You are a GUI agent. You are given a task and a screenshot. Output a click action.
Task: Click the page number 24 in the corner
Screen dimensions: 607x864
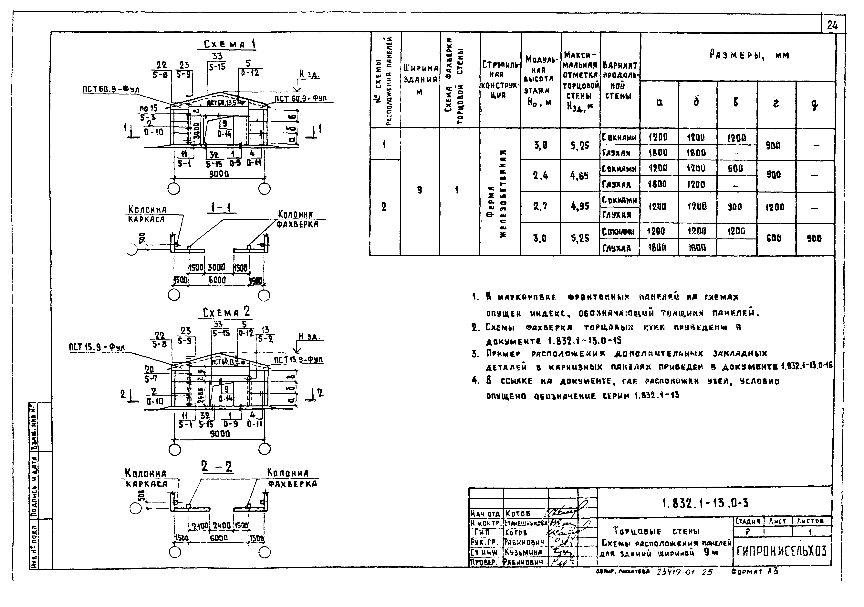tap(832, 26)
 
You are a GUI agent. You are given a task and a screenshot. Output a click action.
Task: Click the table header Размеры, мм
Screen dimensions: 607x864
tap(749, 55)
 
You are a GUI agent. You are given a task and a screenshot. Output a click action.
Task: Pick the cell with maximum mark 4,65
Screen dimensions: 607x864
tap(579, 176)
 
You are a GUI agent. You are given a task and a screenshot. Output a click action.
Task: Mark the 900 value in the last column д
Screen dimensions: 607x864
tap(814, 238)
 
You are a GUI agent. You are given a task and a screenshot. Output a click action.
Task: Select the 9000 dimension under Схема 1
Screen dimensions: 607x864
tap(219, 174)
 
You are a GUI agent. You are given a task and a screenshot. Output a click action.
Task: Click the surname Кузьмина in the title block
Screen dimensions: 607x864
tap(523, 552)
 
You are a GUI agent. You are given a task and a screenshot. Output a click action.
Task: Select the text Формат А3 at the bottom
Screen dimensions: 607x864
tap(755, 572)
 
